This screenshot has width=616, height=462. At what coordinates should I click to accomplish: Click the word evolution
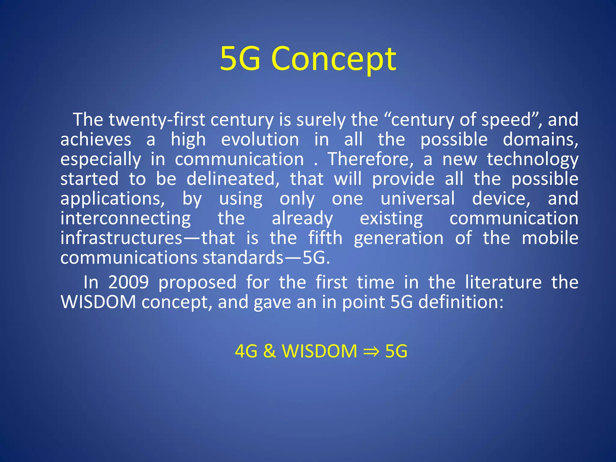tap(260, 140)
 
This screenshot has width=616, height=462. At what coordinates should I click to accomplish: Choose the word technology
tap(533, 160)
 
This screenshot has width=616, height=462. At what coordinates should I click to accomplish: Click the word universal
tap(418, 199)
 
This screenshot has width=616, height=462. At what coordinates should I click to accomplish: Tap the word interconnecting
tap(125, 219)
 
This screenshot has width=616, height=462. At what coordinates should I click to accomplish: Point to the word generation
tap(399, 239)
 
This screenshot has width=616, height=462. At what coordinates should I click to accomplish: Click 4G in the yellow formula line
tap(246, 351)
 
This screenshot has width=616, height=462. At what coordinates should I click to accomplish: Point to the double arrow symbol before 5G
tap(371, 351)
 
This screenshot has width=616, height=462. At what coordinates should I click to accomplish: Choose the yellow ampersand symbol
tap(269, 351)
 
